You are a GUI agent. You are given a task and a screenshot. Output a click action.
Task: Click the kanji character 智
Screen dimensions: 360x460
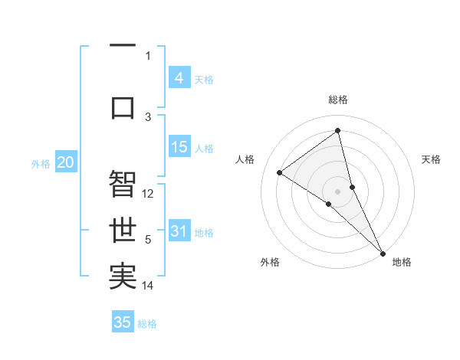click(123, 185)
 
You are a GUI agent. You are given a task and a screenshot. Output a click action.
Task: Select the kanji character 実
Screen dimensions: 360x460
click(123, 277)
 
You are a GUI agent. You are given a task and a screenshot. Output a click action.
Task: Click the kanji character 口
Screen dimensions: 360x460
click(123, 106)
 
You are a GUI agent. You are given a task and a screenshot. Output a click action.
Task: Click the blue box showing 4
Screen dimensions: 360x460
click(179, 78)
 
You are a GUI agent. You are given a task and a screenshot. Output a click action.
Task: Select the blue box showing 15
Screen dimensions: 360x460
click(179, 148)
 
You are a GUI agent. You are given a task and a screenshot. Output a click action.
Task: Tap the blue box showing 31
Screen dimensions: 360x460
click(179, 232)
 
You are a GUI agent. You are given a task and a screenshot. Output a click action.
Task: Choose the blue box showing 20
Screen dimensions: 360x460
click(65, 162)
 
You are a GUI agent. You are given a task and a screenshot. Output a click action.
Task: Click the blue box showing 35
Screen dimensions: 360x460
click(123, 322)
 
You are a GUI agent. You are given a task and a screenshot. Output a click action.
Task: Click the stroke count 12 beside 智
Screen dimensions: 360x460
click(149, 194)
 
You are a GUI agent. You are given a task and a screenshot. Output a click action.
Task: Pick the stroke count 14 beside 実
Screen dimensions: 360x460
click(149, 286)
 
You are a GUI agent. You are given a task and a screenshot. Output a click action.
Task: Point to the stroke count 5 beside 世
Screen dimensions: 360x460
click(149, 240)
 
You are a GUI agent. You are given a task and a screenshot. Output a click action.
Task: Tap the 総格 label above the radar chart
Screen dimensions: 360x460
click(337, 100)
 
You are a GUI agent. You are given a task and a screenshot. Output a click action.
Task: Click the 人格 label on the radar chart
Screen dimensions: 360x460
click(245, 159)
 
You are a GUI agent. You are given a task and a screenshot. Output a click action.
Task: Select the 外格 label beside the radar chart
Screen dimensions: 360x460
click(270, 262)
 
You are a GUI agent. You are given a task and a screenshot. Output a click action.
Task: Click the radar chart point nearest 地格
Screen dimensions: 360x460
click(383, 252)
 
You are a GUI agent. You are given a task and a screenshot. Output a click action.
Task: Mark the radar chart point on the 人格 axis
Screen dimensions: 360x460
click(280, 172)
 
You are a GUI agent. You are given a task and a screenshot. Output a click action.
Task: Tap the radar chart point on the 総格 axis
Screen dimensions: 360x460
click(337, 130)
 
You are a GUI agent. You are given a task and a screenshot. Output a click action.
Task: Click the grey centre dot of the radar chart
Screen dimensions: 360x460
click(337, 191)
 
